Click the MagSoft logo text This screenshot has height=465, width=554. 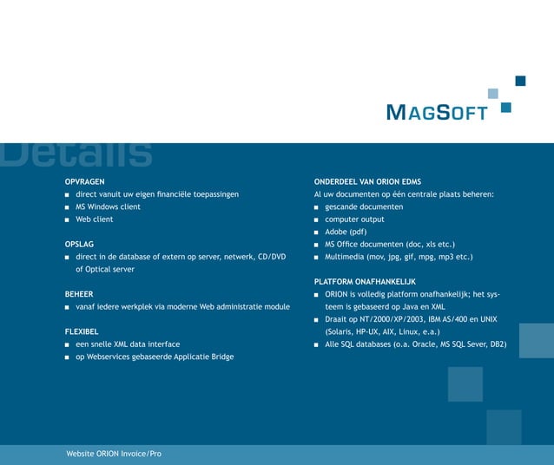pos(436,113)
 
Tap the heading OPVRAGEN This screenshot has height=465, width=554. pos(85,182)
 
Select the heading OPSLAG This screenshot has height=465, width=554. pos(80,245)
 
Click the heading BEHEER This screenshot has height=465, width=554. pos(79,294)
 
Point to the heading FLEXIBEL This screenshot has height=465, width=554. pos(82,331)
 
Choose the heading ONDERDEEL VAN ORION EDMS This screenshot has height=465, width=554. pos(367,182)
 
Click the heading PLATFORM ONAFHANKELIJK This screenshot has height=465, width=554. pos(365,282)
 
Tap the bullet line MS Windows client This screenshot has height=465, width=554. pos(108,207)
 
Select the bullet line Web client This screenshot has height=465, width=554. pos(94,219)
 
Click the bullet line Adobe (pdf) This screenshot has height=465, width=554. pos(346,232)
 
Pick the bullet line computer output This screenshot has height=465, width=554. pos(354,219)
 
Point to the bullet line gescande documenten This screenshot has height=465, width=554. pos(364,207)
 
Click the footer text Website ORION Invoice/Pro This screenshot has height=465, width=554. pos(114,454)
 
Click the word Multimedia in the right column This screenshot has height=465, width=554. pos(345,257)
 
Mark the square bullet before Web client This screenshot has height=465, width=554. pos(68,220)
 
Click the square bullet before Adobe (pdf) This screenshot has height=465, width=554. pos(317,232)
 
